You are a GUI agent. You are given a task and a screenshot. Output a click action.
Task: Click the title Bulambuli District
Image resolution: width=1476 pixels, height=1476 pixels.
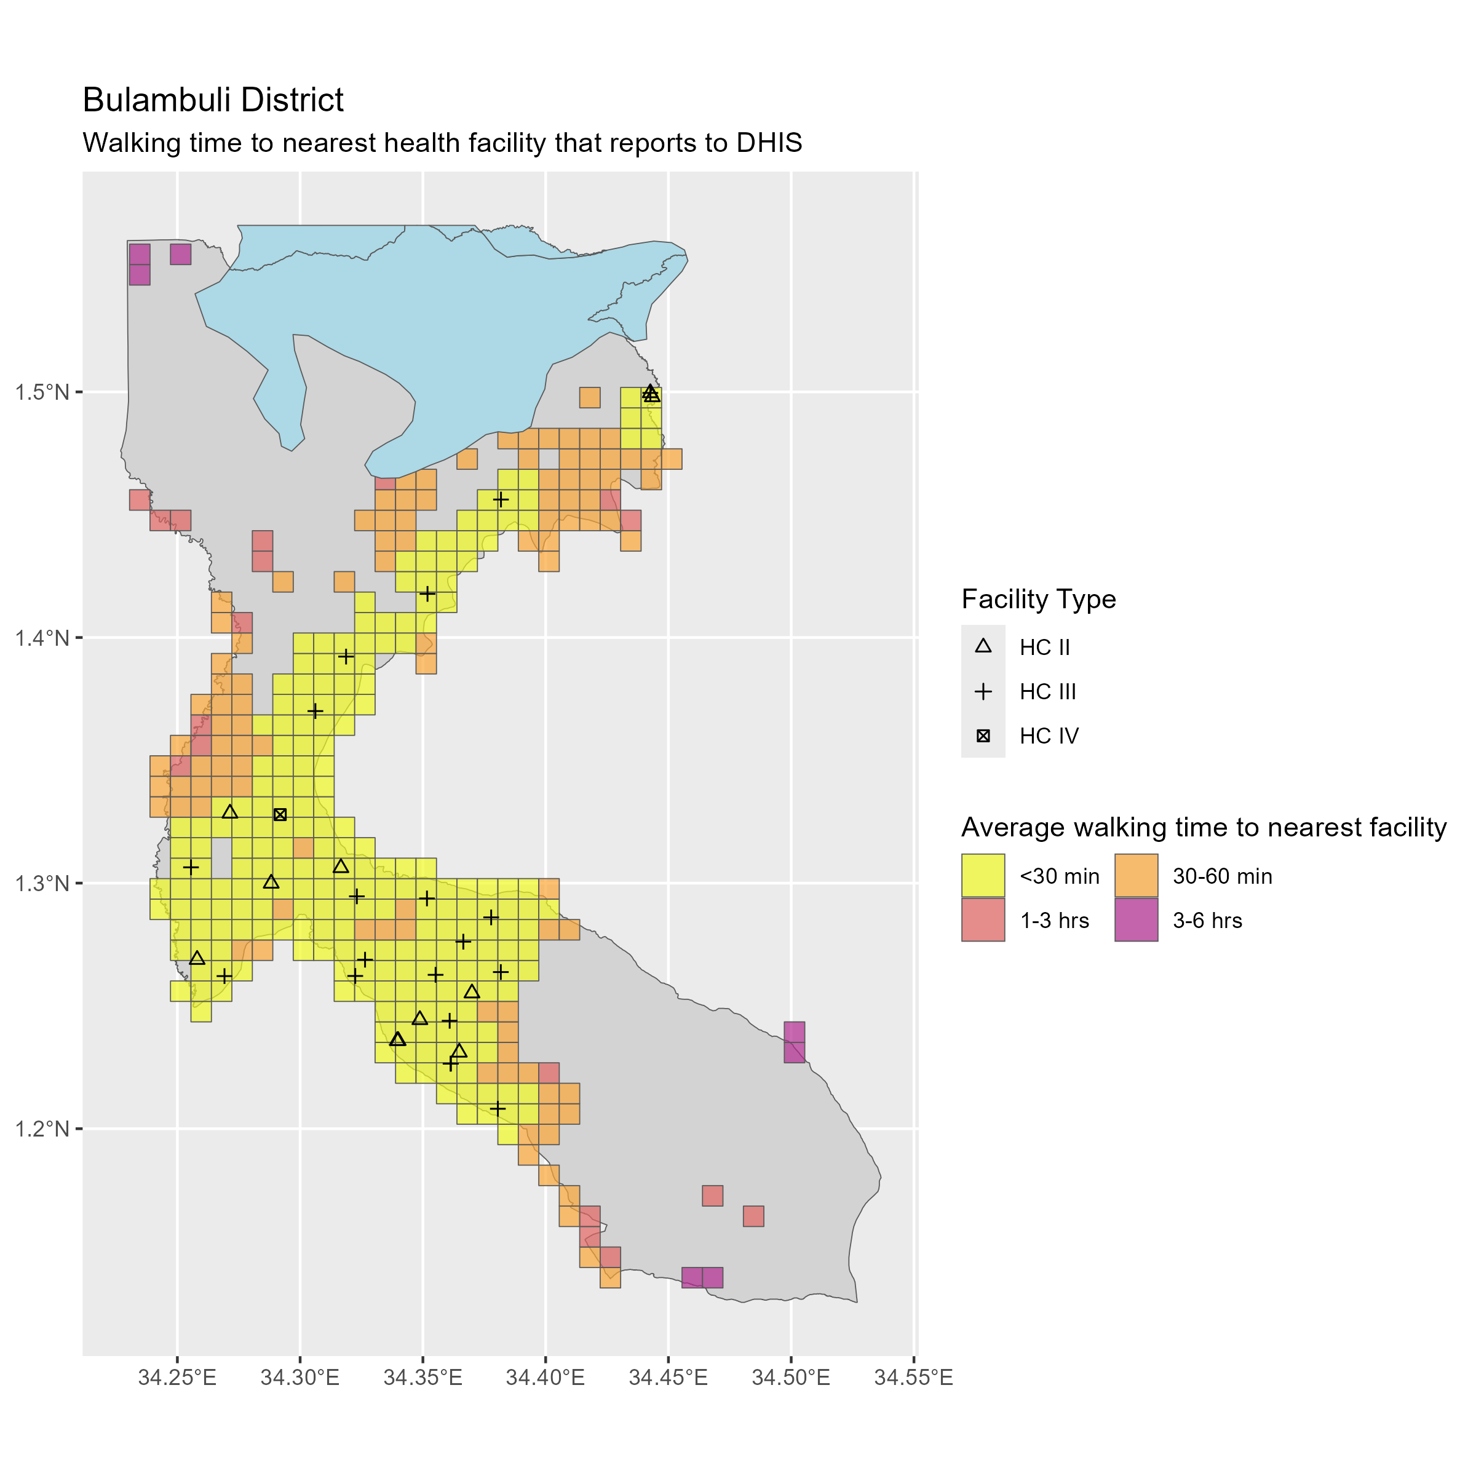pyautogui.click(x=213, y=100)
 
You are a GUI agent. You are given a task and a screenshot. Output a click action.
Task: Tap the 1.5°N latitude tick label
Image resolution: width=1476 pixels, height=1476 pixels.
pyautogui.click(x=42, y=393)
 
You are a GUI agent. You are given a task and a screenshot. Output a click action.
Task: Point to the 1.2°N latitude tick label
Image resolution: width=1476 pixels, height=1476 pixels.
pyautogui.click(x=42, y=1129)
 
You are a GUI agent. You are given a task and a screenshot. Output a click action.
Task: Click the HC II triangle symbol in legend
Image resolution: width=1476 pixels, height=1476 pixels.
pyautogui.click(x=983, y=646)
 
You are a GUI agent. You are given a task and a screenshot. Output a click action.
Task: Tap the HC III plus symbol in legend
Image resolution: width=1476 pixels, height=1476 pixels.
pyautogui.click(x=983, y=691)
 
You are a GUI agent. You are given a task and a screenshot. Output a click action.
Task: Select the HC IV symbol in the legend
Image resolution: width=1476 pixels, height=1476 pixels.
pyautogui.click(x=983, y=736)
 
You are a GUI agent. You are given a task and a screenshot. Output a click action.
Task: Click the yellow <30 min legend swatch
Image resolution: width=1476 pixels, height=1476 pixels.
pyautogui.click(x=983, y=876)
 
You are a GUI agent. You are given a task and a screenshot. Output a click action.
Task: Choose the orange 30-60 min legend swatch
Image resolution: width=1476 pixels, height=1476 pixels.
pyautogui.click(x=1136, y=876)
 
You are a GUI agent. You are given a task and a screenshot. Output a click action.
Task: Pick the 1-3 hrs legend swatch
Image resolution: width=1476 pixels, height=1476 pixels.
pyautogui.click(x=983, y=920)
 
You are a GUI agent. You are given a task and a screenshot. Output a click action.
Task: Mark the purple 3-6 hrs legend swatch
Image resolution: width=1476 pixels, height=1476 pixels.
pyautogui.click(x=1136, y=920)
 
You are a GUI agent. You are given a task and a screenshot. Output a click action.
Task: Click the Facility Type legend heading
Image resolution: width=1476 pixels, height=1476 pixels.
pyautogui.click(x=1038, y=600)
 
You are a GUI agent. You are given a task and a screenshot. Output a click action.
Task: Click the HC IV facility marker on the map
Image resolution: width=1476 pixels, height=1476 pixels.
pyautogui.click(x=280, y=814)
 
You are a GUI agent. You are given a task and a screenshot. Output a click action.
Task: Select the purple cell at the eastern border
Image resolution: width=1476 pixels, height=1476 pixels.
pyautogui.click(x=794, y=1042)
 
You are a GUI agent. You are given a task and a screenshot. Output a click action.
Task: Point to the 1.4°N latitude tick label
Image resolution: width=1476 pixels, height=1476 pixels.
pyautogui.click(x=42, y=638)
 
